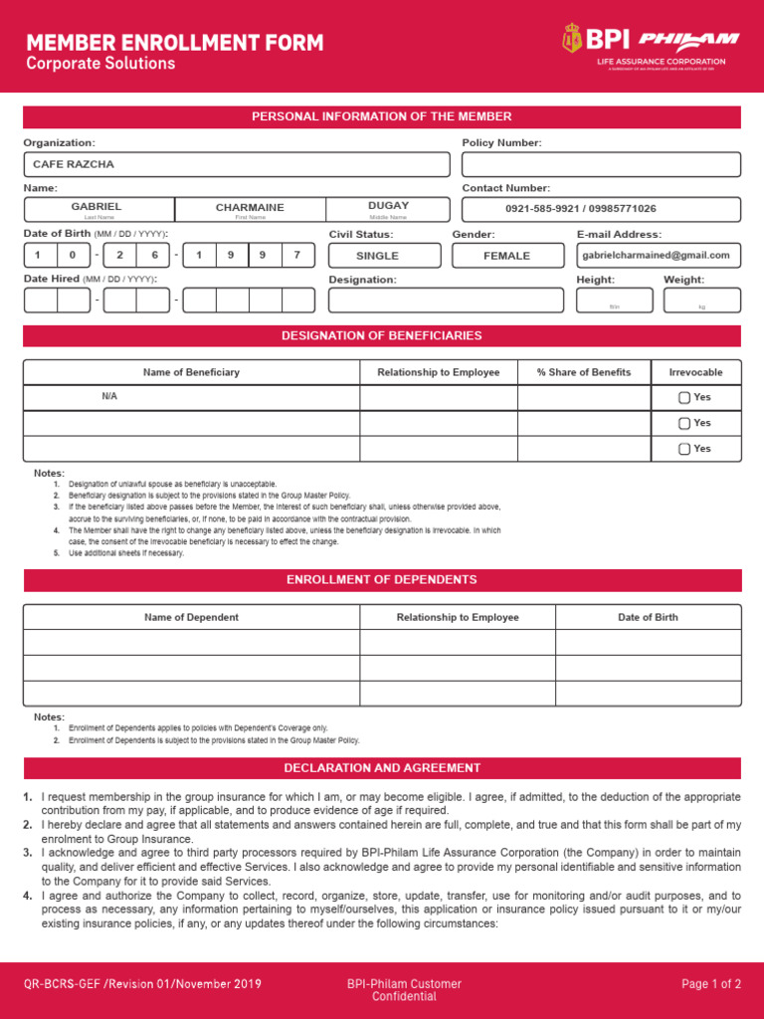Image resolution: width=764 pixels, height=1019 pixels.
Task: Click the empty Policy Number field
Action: pyautogui.click(x=601, y=164)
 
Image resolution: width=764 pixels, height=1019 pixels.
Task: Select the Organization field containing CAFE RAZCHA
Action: pyautogui.click(x=237, y=164)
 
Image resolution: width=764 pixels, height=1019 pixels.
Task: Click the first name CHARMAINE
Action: pyautogui.click(x=250, y=207)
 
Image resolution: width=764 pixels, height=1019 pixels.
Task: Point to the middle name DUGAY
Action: pyautogui.click(x=388, y=206)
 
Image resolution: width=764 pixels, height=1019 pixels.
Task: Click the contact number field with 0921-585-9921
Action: pyautogui.click(x=601, y=209)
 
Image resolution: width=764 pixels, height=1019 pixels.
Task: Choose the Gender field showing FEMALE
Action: pyautogui.click(x=506, y=256)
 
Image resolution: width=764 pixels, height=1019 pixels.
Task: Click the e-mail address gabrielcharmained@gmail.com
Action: pyautogui.click(x=657, y=256)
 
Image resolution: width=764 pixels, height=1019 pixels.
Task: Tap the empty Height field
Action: pyautogui.click(x=614, y=299)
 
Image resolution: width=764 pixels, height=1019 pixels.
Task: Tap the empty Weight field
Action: pyautogui.click(x=701, y=299)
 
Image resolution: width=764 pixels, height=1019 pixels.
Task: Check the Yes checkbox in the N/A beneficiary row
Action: pyautogui.click(x=684, y=397)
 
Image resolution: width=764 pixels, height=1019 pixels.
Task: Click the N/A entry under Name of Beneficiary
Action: pyautogui.click(x=109, y=396)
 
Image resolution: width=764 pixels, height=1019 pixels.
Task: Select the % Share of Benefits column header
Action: pyautogui.click(x=584, y=372)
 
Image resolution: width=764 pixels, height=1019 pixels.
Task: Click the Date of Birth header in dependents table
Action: pyautogui.click(x=648, y=617)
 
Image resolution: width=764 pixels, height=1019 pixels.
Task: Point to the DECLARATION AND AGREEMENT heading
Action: pyautogui.click(x=382, y=768)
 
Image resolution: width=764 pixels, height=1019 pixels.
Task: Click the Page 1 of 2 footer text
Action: pyautogui.click(x=710, y=984)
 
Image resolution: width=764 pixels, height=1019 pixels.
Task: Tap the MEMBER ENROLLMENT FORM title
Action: pyautogui.click(x=174, y=43)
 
